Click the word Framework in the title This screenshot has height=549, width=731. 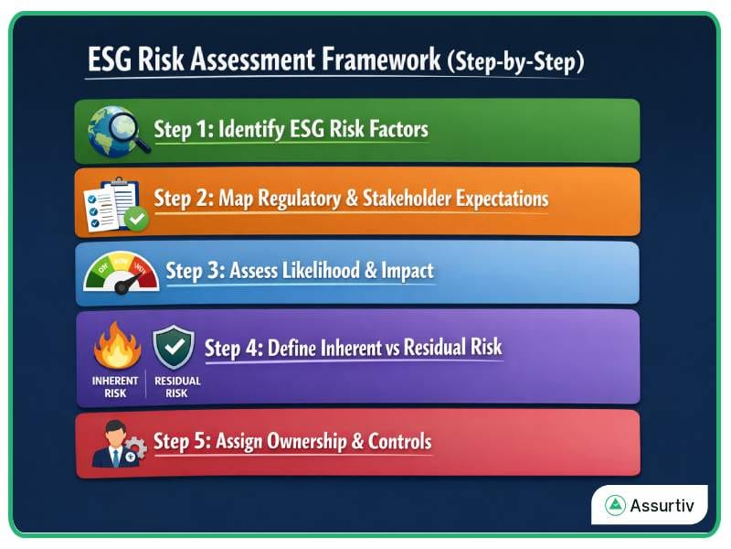point(382,61)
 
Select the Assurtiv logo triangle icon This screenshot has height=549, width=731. point(616,505)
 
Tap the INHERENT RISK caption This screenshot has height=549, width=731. point(115,387)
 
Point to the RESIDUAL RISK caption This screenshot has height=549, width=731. point(176,387)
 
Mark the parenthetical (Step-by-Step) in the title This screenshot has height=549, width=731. point(516,61)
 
